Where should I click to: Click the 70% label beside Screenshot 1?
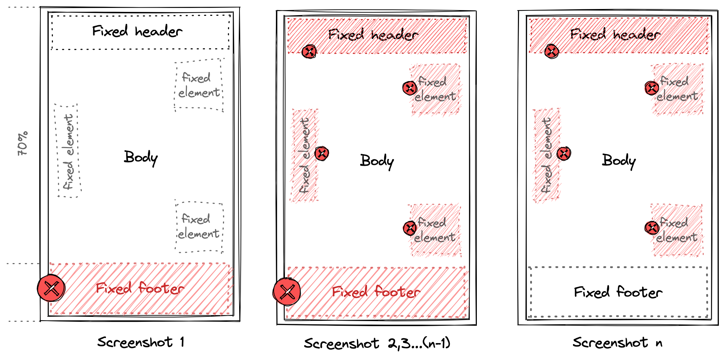22,143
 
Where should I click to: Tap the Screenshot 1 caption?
141,342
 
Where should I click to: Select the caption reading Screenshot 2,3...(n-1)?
377,343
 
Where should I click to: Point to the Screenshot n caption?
617,342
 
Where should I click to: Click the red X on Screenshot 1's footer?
51,288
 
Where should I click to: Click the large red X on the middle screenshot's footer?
287,292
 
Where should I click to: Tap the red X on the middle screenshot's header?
309,52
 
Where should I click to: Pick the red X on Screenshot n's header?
551,51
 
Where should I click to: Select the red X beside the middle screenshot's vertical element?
322,154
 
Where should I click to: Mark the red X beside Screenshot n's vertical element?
564,154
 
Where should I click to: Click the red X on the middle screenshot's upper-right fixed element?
410,88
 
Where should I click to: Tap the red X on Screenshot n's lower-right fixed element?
652,228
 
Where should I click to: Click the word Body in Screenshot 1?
141,157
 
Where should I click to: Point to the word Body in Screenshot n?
619,161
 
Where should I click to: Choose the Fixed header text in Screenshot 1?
137,31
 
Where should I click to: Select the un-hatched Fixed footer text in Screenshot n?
618,292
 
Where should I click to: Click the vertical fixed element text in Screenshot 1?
68,151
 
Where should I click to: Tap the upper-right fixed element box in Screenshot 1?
199,85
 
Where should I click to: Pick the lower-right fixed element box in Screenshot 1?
199,227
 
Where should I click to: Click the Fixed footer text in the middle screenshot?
376,292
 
